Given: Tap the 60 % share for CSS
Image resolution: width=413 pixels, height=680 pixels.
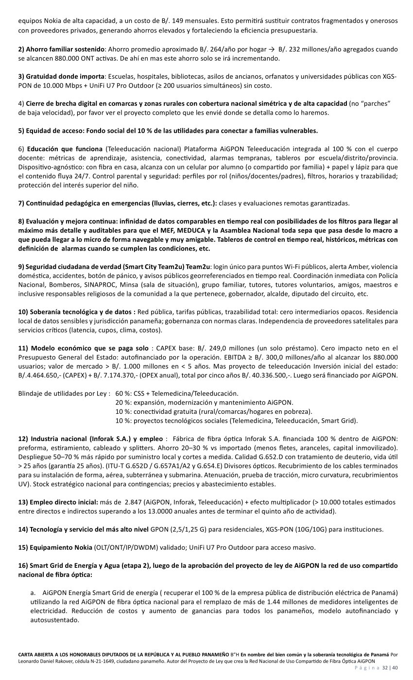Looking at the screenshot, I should (x=123, y=393).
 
